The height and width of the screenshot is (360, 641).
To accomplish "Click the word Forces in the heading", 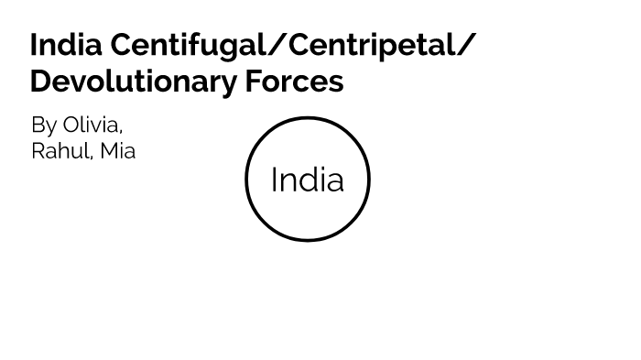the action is pyautogui.click(x=294, y=81).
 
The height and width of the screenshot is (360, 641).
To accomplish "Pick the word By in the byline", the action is pyautogui.click(x=43, y=125).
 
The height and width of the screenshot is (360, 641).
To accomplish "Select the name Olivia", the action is pyautogui.click(x=92, y=125).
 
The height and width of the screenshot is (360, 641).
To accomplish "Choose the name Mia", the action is pyautogui.click(x=117, y=151).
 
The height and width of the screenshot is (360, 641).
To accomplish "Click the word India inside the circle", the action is pyautogui.click(x=308, y=180).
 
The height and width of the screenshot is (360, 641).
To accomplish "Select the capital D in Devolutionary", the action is pyautogui.click(x=40, y=81).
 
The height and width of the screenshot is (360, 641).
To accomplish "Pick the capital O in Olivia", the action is pyautogui.click(x=71, y=125).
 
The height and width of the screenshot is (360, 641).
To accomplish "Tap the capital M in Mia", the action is pyautogui.click(x=108, y=151).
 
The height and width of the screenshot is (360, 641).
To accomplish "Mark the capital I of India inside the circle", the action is pyautogui.click(x=274, y=180).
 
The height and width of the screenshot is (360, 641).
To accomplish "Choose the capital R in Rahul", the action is pyautogui.click(x=38, y=151).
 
